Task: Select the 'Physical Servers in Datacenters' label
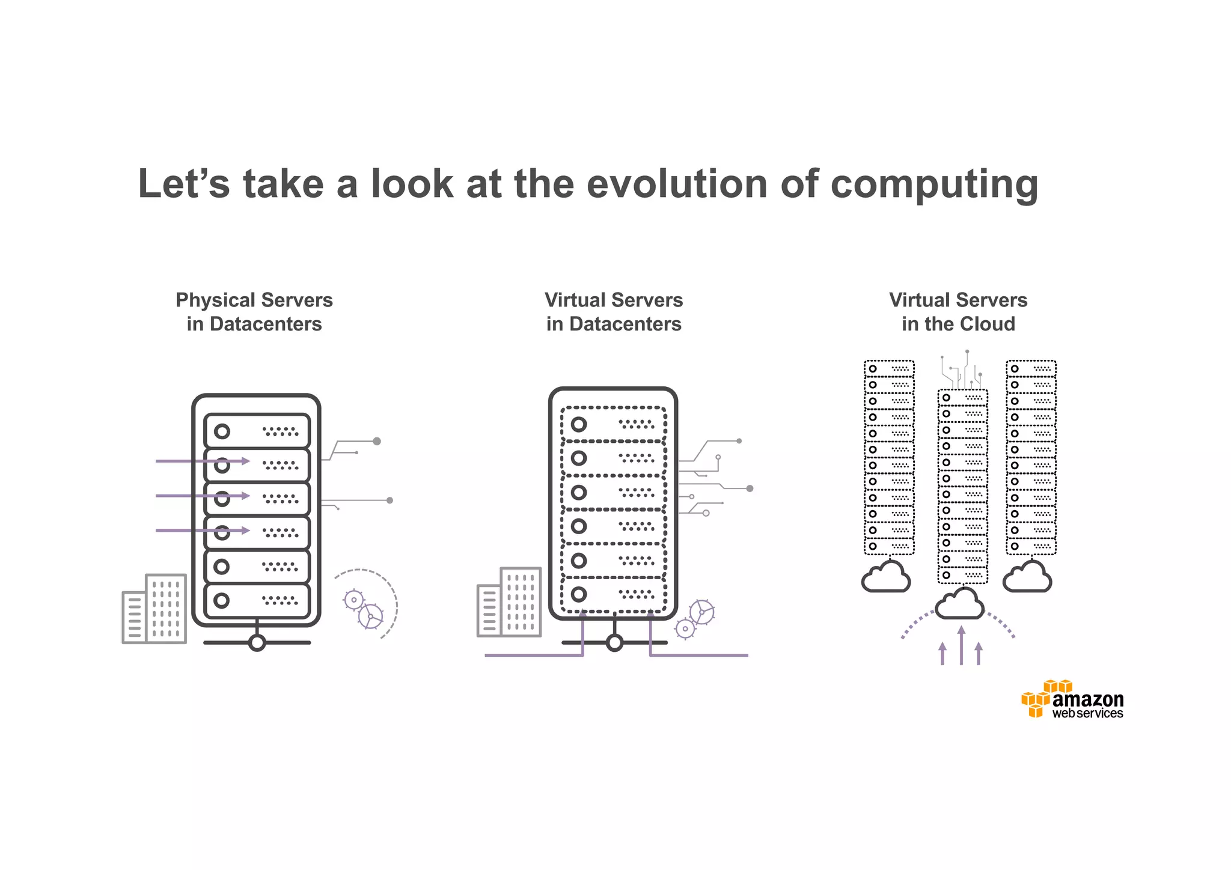(x=254, y=312)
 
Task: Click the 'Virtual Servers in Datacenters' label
(x=614, y=312)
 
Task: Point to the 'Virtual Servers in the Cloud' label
(x=958, y=312)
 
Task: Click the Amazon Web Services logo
(x=1072, y=699)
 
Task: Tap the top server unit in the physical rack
(x=257, y=431)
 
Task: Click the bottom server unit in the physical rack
(x=257, y=600)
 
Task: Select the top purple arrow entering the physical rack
(x=203, y=461)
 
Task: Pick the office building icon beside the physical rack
(x=154, y=609)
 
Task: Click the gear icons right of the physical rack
(x=363, y=608)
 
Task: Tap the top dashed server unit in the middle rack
(x=613, y=424)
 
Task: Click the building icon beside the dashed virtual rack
(x=509, y=602)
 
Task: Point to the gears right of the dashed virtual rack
(x=695, y=619)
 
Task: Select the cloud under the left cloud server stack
(x=886, y=577)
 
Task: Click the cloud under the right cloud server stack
(x=1027, y=577)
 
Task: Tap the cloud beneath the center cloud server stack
(x=960, y=604)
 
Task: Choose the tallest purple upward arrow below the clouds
(x=961, y=644)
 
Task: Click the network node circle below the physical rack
(x=257, y=643)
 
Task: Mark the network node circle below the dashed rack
(x=614, y=643)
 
